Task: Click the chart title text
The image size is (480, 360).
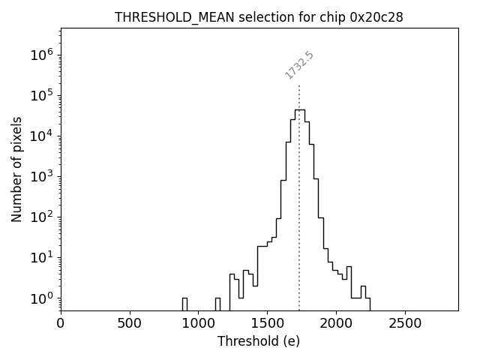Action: click(259, 17)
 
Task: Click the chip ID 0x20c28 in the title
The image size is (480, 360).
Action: click(376, 17)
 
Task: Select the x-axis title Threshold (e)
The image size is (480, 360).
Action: click(259, 341)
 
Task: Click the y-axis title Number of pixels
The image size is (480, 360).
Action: click(16, 169)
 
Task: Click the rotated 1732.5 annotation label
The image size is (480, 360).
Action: click(299, 65)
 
